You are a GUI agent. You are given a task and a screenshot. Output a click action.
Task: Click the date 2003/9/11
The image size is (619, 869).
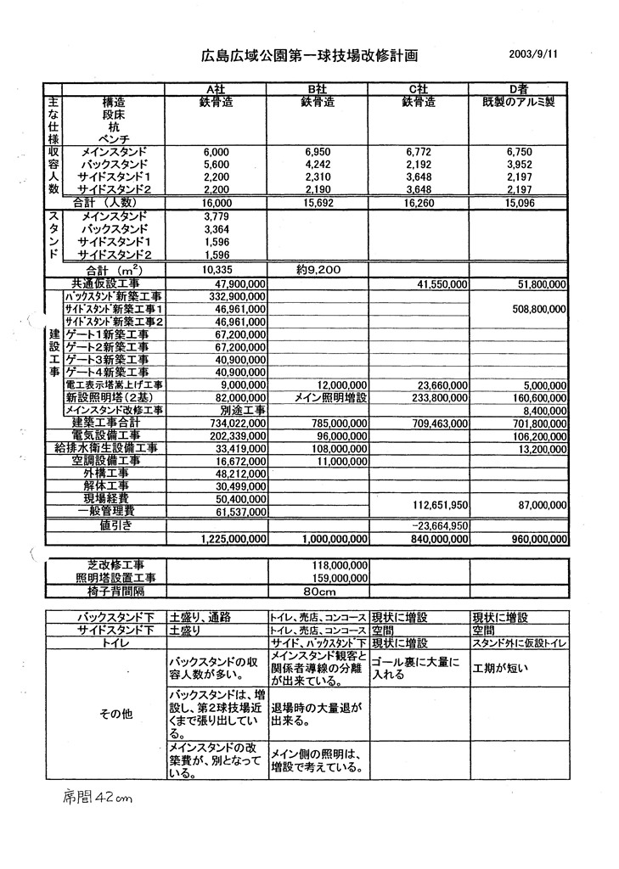(x=533, y=53)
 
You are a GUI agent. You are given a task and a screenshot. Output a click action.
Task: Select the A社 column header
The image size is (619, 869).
(x=217, y=90)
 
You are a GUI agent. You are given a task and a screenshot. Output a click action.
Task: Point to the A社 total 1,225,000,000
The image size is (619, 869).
(x=234, y=539)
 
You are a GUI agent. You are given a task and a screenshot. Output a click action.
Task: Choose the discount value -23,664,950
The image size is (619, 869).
(x=440, y=525)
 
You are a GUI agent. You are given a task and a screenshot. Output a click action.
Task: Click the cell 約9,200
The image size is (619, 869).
(x=318, y=269)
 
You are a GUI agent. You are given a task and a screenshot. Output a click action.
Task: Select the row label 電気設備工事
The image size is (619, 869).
(x=112, y=435)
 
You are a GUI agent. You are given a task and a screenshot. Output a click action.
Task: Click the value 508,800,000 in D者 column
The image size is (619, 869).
(x=540, y=310)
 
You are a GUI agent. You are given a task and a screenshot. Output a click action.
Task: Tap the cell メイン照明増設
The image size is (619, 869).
(x=318, y=397)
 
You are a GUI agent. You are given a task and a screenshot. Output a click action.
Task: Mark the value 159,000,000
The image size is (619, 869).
(x=338, y=577)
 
